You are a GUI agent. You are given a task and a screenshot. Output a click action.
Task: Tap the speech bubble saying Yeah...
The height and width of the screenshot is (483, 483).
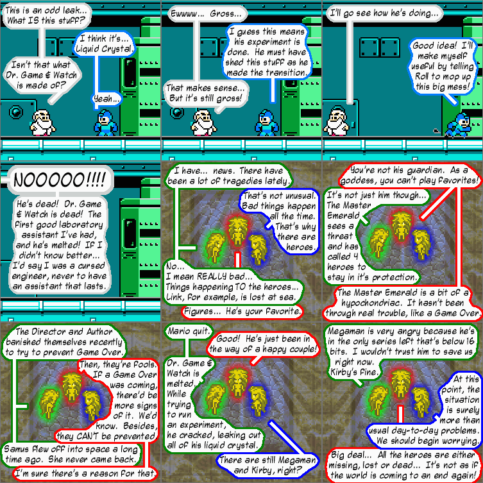(x=106, y=99)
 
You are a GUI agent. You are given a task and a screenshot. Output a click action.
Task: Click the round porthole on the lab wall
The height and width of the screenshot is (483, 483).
(x=17, y=114)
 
